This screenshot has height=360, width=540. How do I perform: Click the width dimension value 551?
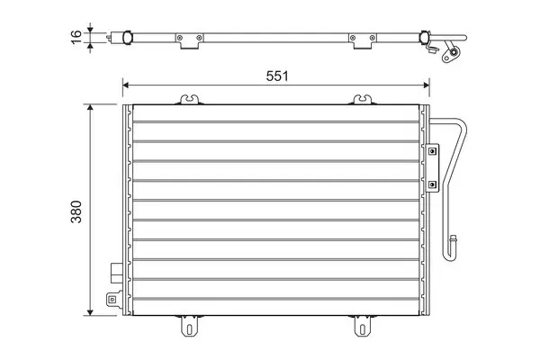click(x=277, y=76)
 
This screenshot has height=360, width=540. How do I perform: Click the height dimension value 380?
click(x=76, y=211)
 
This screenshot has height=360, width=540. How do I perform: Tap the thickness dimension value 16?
click(x=76, y=37)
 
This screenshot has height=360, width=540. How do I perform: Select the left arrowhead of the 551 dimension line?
click(x=126, y=85)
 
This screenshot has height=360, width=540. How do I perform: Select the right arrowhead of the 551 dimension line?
click(x=427, y=85)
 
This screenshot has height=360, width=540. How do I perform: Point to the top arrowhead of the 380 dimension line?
click(x=90, y=107)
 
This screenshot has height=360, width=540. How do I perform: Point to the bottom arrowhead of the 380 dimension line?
click(x=90, y=312)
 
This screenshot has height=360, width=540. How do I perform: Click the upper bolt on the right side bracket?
click(x=433, y=151)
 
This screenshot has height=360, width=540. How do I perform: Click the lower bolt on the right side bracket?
click(x=433, y=184)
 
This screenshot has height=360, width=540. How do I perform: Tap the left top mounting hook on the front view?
click(x=190, y=100)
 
